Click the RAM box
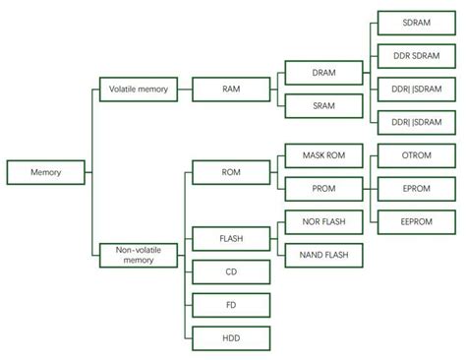pyautogui.click(x=231, y=90)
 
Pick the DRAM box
pyautogui.click(x=323, y=74)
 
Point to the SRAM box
pyautogui.click(x=323, y=105)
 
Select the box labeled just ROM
pyautogui.click(x=231, y=173)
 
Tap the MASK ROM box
pyautogui.click(x=323, y=155)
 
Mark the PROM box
pyautogui.click(x=323, y=188)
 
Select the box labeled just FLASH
pyautogui.click(x=231, y=238)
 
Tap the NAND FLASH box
pyautogui.click(x=323, y=255)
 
